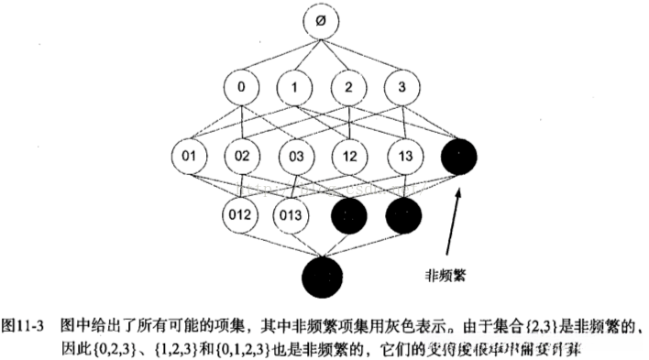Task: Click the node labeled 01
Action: pyautogui.click(x=189, y=156)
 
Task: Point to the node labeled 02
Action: pyautogui.click(x=241, y=156)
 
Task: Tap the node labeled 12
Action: pyautogui.click(x=350, y=156)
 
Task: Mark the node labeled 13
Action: pyautogui.click(x=402, y=156)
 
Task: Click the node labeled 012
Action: pyautogui.click(x=241, y=216)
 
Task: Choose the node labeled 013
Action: pyautogui.click(x=293, y=216)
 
